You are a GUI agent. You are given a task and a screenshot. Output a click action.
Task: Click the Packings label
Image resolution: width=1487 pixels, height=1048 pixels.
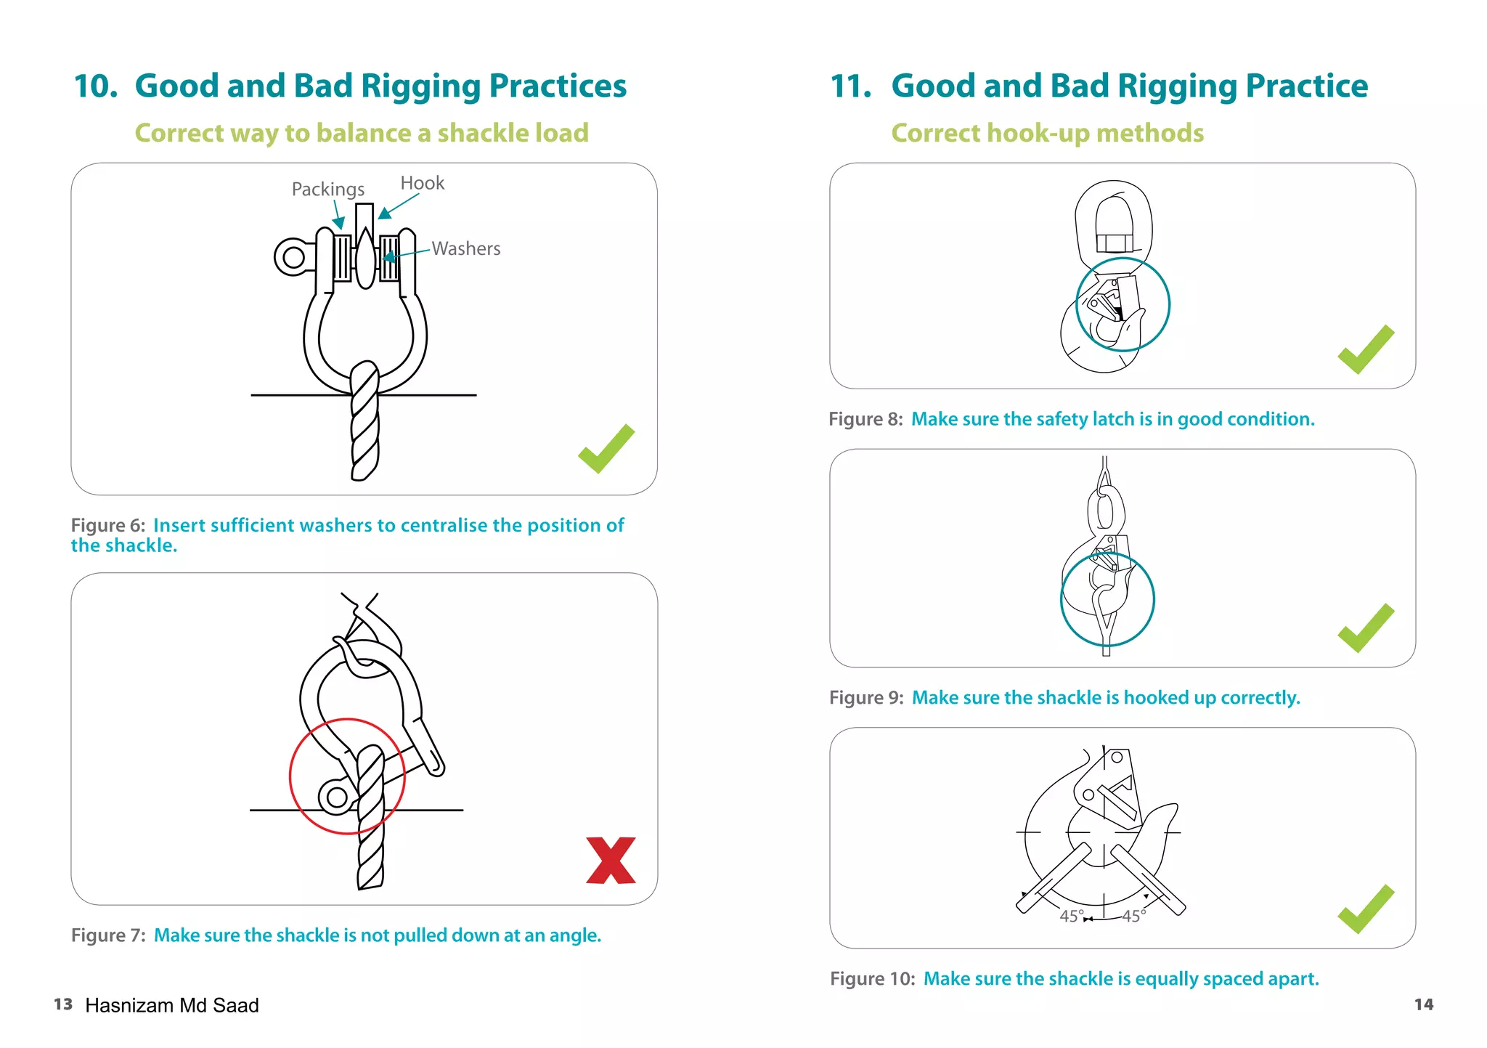point(327,190)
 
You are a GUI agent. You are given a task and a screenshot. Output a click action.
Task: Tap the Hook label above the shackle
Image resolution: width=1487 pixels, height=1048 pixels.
point(422,183)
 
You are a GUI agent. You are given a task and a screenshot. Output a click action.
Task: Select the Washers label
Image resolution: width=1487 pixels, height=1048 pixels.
point(466,248)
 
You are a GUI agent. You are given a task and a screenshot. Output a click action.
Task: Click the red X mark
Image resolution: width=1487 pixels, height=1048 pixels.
point(611,861)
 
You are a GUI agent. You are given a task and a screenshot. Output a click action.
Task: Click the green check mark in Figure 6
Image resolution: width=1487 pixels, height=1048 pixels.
point(606,448)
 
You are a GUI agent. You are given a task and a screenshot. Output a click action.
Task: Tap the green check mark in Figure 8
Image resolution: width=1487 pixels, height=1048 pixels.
point(1366,349)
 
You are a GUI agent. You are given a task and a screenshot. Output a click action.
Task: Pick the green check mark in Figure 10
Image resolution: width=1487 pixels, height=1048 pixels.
point(1366,909)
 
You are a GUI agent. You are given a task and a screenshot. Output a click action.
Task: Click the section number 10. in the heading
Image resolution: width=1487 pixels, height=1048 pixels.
point(96,86)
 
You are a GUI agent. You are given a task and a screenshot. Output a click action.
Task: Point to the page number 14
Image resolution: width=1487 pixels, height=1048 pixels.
point(1424,1004)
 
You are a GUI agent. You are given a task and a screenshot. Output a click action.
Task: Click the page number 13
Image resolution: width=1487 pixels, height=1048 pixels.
point(63,1004)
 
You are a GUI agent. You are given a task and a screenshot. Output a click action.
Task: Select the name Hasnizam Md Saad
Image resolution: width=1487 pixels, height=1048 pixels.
point(172,1005)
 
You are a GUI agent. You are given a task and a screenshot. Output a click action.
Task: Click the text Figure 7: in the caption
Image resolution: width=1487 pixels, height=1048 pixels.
point(108,935)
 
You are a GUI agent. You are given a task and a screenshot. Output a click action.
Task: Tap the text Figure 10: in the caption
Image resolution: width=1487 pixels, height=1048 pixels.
point(873,979)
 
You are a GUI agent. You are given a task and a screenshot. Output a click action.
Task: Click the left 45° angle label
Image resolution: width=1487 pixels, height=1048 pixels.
point(1072,917)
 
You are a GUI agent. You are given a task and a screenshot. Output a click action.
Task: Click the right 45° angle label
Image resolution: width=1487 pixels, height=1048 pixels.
point(1134,917)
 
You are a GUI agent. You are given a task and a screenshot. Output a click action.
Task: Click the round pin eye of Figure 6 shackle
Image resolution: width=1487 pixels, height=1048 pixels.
point(293,257)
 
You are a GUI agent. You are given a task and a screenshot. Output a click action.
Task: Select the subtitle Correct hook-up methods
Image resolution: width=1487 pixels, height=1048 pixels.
point(1047,134)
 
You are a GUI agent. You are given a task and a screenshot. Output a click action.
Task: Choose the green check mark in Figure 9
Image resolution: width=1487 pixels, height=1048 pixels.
point(1366,628)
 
